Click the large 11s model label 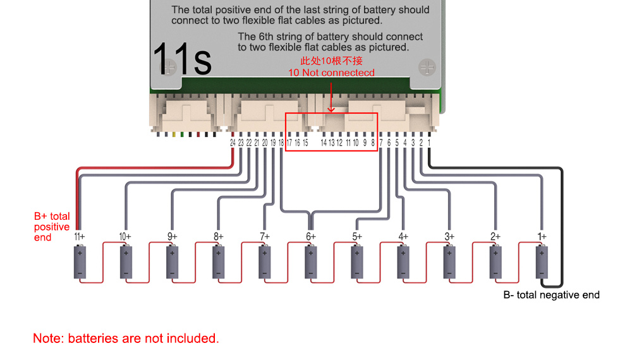coord(182,59)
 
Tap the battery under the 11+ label coord(80,261)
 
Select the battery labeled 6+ coord(311,261)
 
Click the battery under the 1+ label coord(542,261)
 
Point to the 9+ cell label coord(172,236)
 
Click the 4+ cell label coord(403,236)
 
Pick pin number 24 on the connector coord(233,143)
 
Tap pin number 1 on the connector coord(429,143)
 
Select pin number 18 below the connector coord(281,143)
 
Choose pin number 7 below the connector coord(381,143)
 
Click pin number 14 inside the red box coord(324,143)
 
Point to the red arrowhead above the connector coord(331,109)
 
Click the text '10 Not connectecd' coord(331,73)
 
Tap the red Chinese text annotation coord(331,61)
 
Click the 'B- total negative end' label coord(551,295)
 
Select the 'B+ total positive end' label coord(52,227)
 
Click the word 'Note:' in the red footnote coord(49,339)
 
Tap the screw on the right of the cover coord(427,67)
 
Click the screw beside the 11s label coord(168,67)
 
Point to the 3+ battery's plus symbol coord(449,253)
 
